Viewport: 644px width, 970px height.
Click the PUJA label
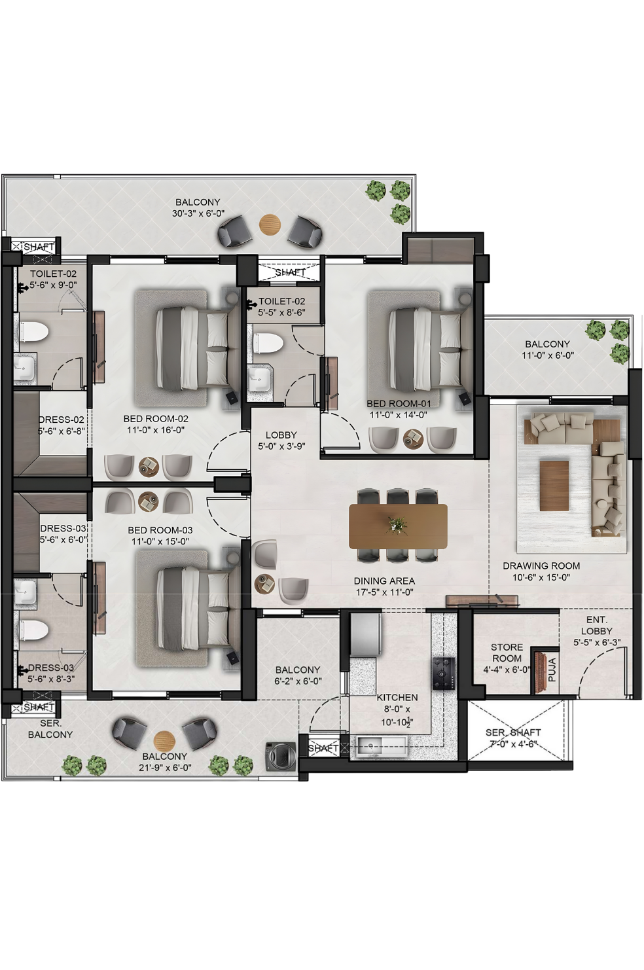click(x=552, y=670)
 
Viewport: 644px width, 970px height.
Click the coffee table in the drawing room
click(x=554, y=486)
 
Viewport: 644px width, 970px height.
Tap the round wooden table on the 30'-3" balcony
click(x=270, y=225)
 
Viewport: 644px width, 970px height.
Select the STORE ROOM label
click(x=507, y=653)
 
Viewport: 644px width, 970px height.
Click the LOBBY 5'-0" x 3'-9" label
click(x=281, y=440)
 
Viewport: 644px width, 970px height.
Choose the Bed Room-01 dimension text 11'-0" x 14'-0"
click(x=399, y=414)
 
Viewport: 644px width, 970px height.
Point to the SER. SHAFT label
click(x=512, y=732)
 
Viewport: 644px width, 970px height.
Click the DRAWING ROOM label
click(x=541, y=565)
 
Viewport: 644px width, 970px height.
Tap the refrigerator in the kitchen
click(x=367, y=635)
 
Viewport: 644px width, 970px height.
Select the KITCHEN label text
click(x=397, y=697)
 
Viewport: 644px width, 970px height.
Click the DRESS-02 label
click(x=62, y=420)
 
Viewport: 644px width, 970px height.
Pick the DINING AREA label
click(x=384, y=581)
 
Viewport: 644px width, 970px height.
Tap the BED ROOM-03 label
click(x=160, y=530)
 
